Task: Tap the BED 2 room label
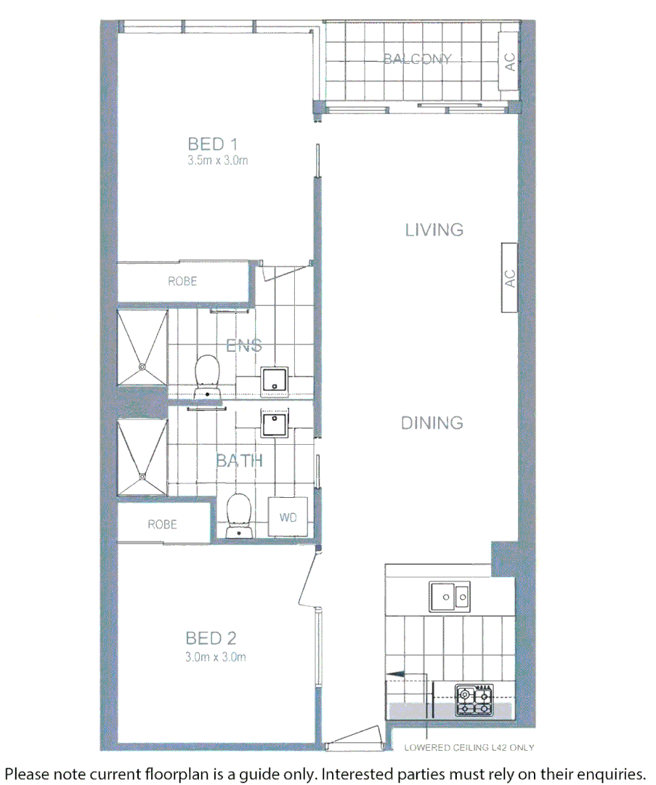click(211, 638)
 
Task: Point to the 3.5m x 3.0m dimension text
click(217, 161)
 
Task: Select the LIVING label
click(434, 230)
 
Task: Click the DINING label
click(432, 422)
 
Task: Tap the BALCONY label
click(418, 59)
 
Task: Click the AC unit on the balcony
click(510, 63)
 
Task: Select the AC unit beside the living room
click(509, 278)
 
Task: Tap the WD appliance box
click(288, 518)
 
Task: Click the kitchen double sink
click(450, 597)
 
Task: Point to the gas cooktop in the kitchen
click(474, 700)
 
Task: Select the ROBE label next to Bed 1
click(182, 281)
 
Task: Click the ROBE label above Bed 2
click(162, 524)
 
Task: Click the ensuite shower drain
click(142, 366)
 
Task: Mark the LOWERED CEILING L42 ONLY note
click(469, 747)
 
